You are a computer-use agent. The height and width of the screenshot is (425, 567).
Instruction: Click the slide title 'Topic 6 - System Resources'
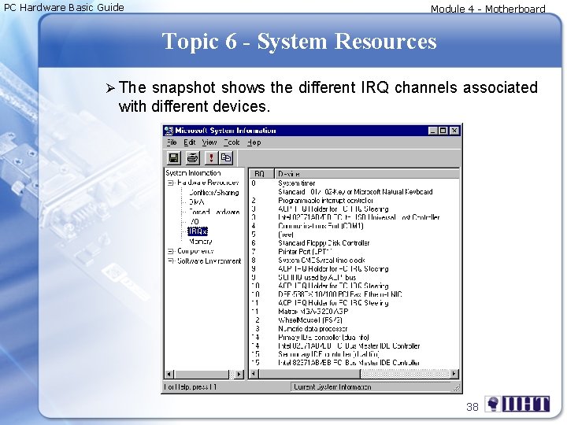coord(298,41)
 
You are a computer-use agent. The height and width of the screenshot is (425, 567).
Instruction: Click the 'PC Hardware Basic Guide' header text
coord(64,8)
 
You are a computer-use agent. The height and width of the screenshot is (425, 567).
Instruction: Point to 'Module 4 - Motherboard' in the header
coord(487,9)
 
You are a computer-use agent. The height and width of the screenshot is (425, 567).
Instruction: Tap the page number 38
coord(472,406)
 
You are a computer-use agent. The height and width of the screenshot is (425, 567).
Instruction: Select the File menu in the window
coord(172,142)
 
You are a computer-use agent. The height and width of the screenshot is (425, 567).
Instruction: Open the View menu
coord(209,142)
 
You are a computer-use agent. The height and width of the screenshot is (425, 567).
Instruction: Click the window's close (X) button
coord(454,130)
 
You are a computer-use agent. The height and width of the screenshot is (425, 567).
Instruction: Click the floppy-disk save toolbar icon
coord(173,157)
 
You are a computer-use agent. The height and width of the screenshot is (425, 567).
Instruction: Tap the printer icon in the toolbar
coord(192,157)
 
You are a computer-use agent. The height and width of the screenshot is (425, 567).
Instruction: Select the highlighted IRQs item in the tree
coord(198,231)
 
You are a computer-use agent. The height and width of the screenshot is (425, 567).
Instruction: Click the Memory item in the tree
coord(200,242)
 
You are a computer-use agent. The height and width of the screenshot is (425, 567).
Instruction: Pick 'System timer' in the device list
coord(297,183)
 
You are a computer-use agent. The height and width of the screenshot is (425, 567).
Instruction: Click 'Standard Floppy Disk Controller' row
coord(324,243)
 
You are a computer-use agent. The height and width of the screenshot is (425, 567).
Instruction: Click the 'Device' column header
coord(289,173)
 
